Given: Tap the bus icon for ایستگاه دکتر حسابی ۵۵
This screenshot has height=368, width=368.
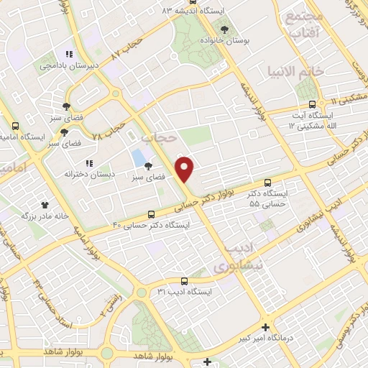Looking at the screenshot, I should click(x=268, y=183).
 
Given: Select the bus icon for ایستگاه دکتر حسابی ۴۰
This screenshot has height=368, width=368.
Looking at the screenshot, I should click(x=151, y=214).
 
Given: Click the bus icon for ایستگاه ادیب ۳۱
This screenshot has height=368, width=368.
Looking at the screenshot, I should click(x=185, y=281).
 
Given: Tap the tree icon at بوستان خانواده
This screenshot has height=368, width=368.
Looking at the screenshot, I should click(x=225, y=29).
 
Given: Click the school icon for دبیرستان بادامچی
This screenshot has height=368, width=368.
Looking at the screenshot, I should click(x=70, y=54).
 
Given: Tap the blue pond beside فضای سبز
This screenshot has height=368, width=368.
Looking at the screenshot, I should click(x=137, y=157).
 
